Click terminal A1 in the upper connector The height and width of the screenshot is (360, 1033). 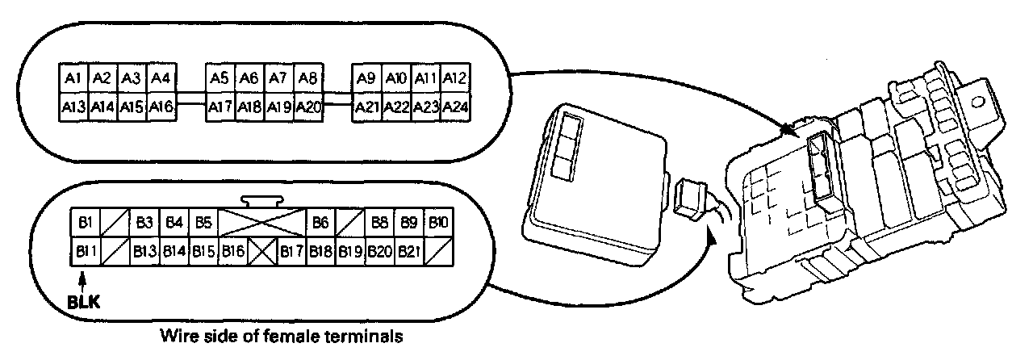coord(73,78)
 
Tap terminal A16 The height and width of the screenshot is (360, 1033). coord(161,106)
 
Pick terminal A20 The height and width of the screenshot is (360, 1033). coord(308,106)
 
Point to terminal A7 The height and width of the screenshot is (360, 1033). coord(278,78)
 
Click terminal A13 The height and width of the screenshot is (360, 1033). coord(73,106)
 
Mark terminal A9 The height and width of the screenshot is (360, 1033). coord(366,78)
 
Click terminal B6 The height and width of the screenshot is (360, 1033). coord(320,221)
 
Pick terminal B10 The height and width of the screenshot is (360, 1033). coord(438,221)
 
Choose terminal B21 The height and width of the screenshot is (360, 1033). coord(408,251)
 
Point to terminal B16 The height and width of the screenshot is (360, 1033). coord(234,251)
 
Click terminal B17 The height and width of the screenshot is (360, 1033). coord(291,251)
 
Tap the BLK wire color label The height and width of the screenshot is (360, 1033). coord(84,304)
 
